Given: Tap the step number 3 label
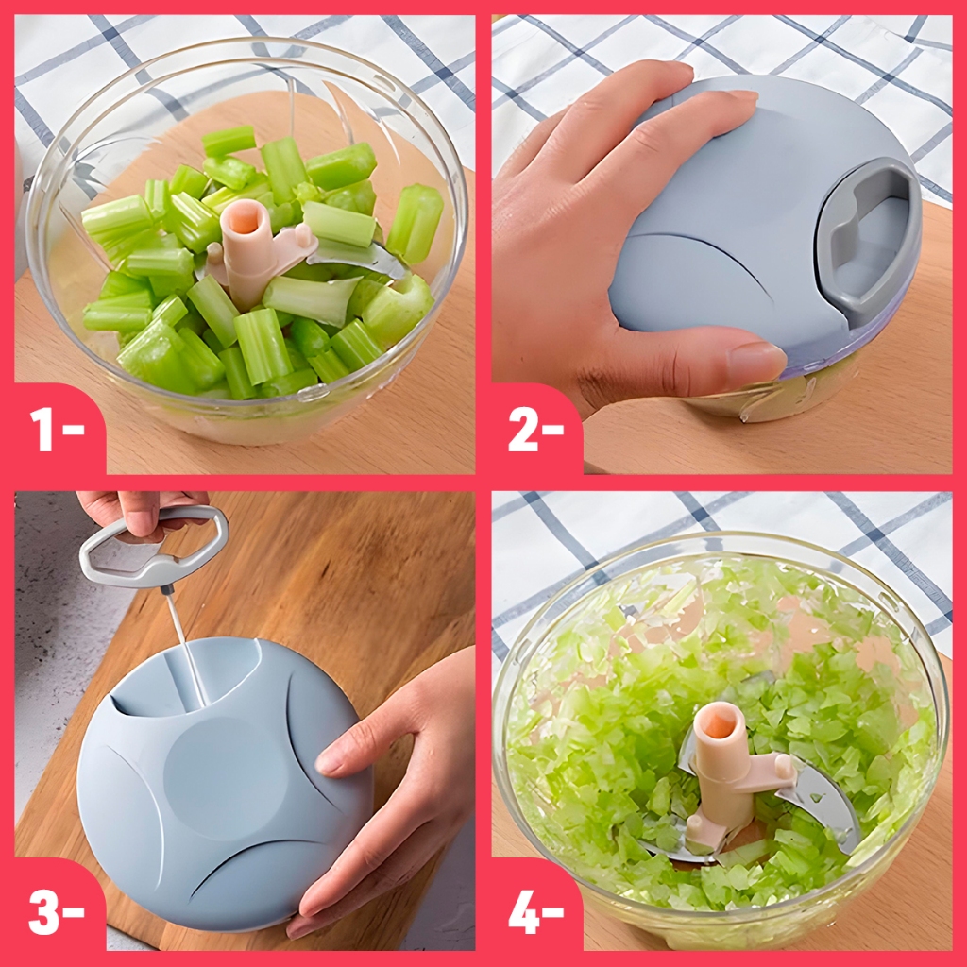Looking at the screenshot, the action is click(57, 910).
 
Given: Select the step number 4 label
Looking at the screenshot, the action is click(536, 910).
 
